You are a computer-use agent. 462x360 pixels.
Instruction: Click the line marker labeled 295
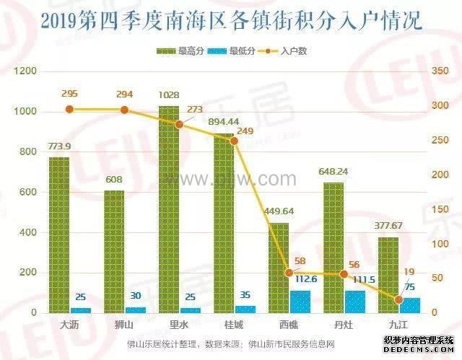pos(70,109)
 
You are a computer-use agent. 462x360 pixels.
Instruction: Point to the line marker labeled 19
pos(398,299)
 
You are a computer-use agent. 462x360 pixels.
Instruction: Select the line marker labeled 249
pos(235,141)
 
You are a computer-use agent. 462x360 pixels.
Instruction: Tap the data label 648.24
pos(334,172)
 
